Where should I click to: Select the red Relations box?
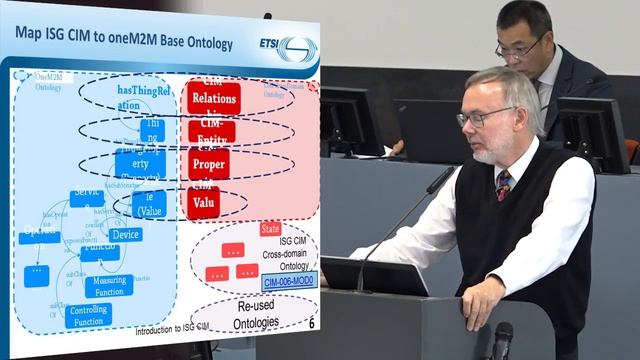click(x=212, y=97)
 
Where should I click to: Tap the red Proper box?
click(x=209, y=163)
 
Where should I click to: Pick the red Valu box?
click(x=203, y=201)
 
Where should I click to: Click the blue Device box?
click(x=126, y=234)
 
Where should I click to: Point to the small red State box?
click(x=270, y=228)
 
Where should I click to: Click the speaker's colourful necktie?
click(x=503, y=184)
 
